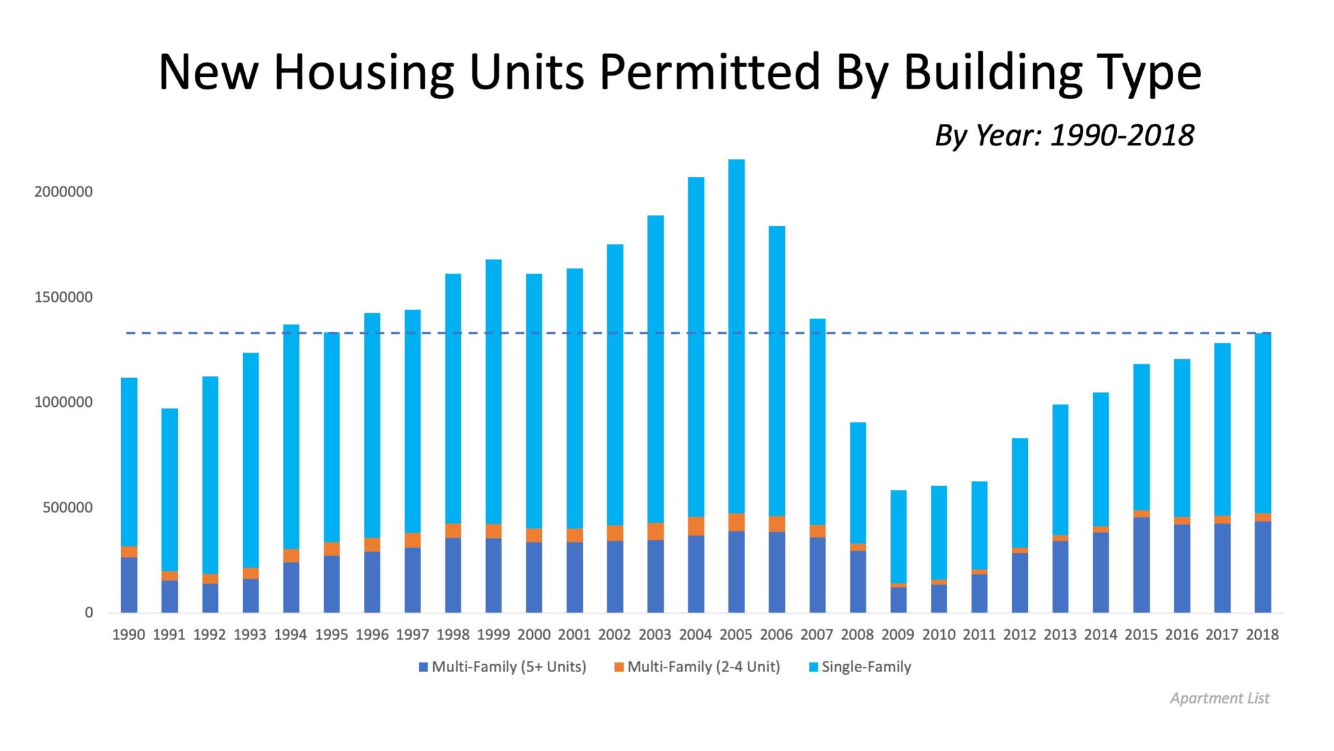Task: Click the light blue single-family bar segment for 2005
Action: click(x=736, y=336)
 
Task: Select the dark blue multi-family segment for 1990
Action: click(x=129, y=585)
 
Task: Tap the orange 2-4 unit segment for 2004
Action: click(x=696, y=526)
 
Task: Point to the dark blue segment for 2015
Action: click(x=1141, y=565)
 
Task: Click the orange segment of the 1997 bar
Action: click(x=412, y=540)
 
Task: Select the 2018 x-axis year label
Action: click(x=1262, y=634)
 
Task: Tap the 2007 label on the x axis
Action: click(x=817, y=634)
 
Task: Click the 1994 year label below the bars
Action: click(x=291, y=634)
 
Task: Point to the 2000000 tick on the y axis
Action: click(x=64, y=192)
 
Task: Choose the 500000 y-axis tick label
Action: click(x=68, y=508)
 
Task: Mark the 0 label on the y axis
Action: click(x=89, y=613)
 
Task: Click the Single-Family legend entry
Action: click(x=859, y=667)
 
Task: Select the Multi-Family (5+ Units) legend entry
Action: click(x=502, y=667)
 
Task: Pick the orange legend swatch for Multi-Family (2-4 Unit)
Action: click(x=619, y=667)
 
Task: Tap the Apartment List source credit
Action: click(x=1219, y=698)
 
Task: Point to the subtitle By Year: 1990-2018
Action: click(x=1064, y=136)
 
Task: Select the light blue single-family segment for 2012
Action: click(x=1019, y=493)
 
